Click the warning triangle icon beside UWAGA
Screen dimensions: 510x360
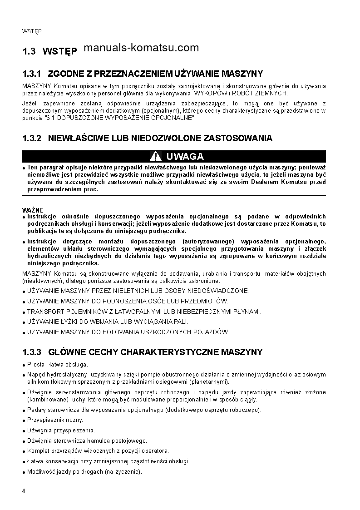coord(156,157)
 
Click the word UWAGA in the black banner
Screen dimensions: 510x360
coord(185,157)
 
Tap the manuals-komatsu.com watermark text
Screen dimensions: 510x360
coord(141,48)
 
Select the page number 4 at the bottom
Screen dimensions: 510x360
coord(24,491)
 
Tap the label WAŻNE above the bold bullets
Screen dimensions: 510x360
coord(33,210)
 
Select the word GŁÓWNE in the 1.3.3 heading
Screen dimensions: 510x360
coord(64,352)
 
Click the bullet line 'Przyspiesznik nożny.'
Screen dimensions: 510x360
coord(55,420)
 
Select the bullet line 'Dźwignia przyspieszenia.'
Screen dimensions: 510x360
coord(61,430)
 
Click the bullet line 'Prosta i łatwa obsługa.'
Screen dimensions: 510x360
coord(58,364)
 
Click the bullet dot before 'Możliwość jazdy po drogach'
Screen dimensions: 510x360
coord(24,472)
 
